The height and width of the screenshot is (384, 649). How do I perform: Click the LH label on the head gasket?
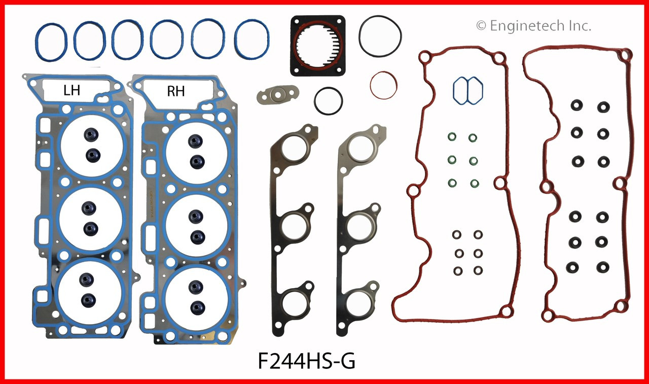[71, 91]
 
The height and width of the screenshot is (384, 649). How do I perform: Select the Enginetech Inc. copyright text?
[533, 26]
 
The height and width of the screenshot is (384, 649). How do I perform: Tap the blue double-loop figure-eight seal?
[467, 91]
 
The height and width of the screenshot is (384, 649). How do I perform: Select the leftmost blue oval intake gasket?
[51, 39]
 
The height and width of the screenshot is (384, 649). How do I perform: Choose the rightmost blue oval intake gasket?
[252, 39]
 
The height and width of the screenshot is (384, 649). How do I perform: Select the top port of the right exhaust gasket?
[360, 148]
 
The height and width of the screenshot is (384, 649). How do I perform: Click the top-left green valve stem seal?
[451, 137]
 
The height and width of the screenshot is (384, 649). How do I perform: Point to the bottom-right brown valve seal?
[478, 270]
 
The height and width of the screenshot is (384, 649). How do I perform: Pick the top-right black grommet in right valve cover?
[603, 107]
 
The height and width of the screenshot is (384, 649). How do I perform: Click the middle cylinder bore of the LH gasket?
[91, 219]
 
